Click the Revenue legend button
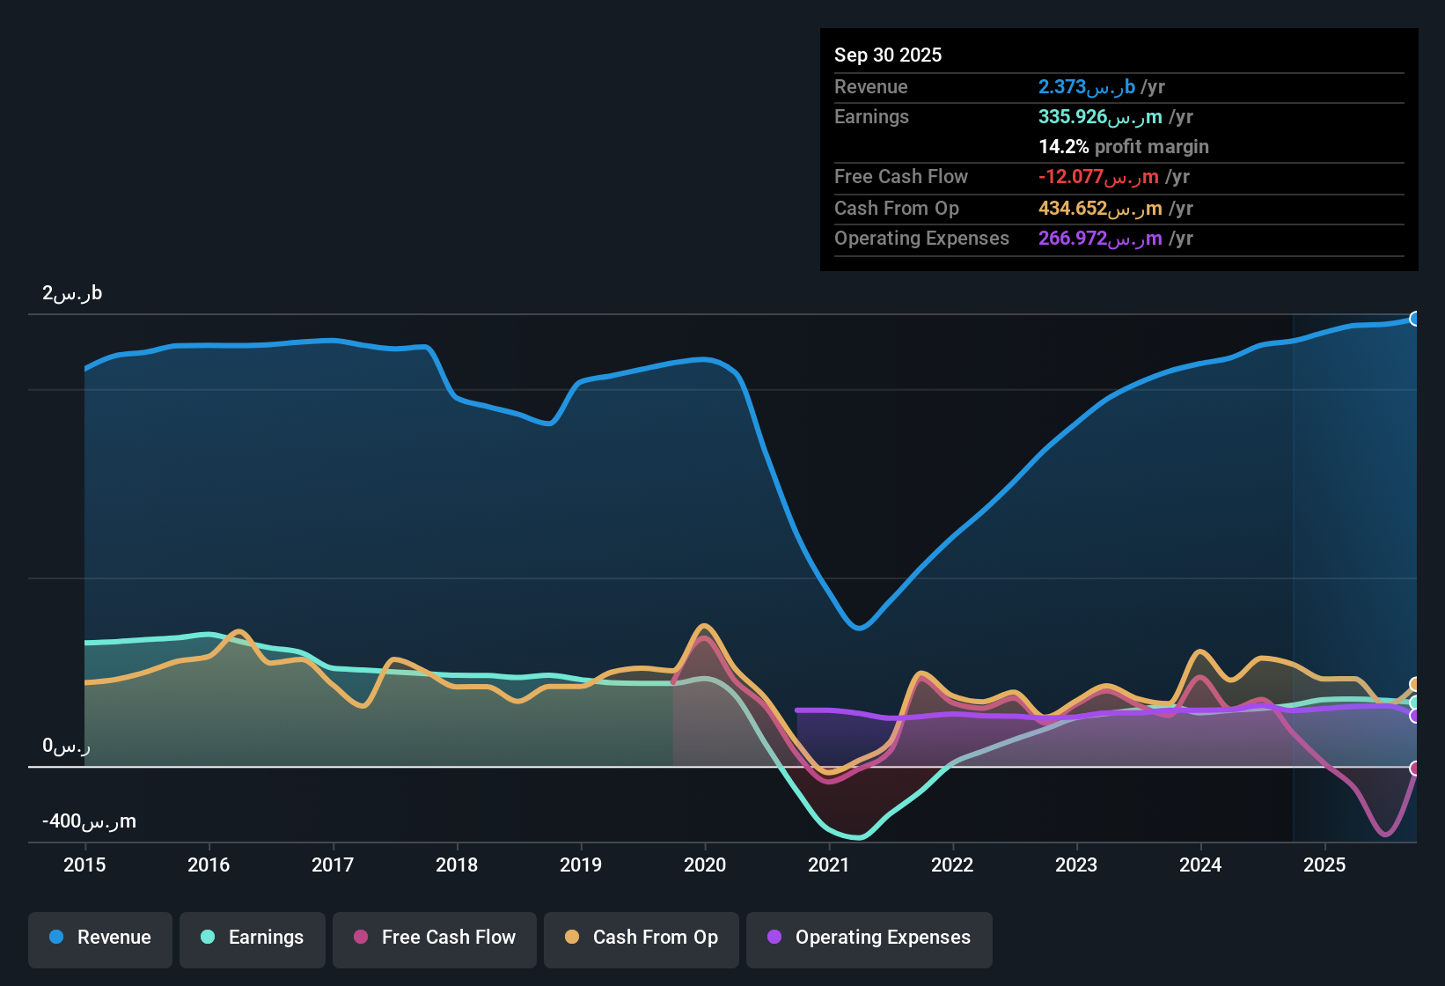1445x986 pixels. (100, 938)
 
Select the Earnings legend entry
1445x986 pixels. (253, 938)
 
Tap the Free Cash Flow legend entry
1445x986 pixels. (435, 938)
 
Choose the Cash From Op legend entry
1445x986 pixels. (642, 938)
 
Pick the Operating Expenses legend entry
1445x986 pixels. (869, 938)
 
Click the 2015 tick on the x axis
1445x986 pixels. (84, 865)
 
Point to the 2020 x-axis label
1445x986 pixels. (705, 865)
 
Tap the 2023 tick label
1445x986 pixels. (1076, 865)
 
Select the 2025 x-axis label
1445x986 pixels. (1324, 865)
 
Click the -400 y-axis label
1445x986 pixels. (89, 821)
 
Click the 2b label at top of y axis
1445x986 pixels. (72, 293)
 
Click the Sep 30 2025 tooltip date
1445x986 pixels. (888, 55)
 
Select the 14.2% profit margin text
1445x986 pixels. (1124, 147)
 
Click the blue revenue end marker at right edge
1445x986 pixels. (1414, 319)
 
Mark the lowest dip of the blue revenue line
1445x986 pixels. (859, 628)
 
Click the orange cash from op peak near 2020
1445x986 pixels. (704, 626)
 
